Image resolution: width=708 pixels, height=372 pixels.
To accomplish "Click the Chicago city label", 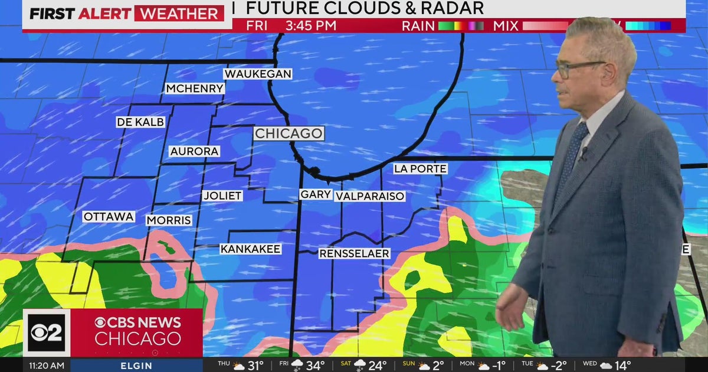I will (289, 133).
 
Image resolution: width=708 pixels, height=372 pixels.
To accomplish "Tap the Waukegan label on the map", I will (258, 74).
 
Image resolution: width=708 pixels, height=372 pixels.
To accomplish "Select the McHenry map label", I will (195, 89).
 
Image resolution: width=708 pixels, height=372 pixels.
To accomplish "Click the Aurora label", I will (195, 151).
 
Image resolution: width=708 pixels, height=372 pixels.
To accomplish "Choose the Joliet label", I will (222, 195).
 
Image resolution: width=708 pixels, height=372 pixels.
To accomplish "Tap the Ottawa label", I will (109, 217).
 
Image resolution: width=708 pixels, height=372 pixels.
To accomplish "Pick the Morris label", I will (169, 220).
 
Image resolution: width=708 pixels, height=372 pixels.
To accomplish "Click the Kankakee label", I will (250, 249).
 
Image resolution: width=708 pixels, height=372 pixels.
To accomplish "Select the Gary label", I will (316, 194).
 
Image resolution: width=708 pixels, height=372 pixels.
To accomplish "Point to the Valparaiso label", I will (370, 196).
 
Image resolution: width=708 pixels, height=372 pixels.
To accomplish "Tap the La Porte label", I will (420, 169).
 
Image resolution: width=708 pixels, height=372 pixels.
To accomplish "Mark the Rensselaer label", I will (354, 253).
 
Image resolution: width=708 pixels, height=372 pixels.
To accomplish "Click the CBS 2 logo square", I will (47, 332).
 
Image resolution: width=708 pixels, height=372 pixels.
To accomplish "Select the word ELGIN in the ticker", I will (137, 366).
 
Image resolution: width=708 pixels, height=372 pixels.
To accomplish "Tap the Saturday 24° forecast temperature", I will (377, 366).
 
